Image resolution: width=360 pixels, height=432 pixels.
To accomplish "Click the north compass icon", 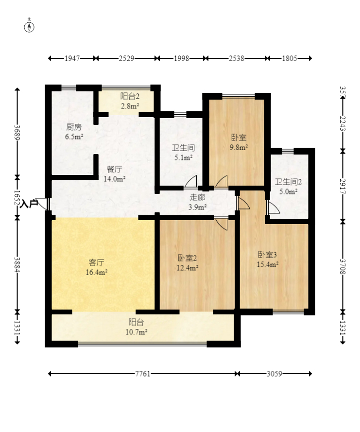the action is [x=29, y=27].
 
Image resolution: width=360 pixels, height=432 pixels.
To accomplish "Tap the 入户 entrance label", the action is [x=29, y=204].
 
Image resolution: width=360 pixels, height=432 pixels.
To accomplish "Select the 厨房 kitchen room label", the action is [x=74, y=127].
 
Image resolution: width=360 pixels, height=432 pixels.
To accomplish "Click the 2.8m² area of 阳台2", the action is [x=130, y=106].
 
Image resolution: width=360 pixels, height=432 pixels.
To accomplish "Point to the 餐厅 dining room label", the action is [x=115, y=169].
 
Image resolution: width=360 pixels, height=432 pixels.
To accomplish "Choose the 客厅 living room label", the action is [x=96, y=262].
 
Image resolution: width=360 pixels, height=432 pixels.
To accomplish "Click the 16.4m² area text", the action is [x=96, y=273].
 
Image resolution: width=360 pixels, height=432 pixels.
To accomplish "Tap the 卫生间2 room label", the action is [x=288, y=182].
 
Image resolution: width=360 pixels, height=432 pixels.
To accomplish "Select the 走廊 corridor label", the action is [x=197, y=197].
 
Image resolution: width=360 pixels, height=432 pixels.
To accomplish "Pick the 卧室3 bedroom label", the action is [x=267, y=255].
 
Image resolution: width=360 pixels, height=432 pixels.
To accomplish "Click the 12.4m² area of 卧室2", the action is [x=188, y=268].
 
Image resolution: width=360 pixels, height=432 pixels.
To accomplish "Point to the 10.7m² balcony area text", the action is [x=137, y=332].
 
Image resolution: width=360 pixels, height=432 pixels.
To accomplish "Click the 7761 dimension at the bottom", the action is [x=143, y=374].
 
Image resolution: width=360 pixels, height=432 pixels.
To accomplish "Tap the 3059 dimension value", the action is [x=274, y=374].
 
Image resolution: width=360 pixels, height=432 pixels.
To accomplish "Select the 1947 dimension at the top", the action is [x=72, y=58].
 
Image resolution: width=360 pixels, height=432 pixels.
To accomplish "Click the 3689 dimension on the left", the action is [x=17, y=133].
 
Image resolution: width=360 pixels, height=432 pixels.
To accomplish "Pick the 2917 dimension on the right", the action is [x=343, y=186].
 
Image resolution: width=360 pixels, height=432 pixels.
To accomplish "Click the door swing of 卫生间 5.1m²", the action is [x=190, y=182].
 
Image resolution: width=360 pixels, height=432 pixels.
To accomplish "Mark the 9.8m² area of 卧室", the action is [x=239, y=147].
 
